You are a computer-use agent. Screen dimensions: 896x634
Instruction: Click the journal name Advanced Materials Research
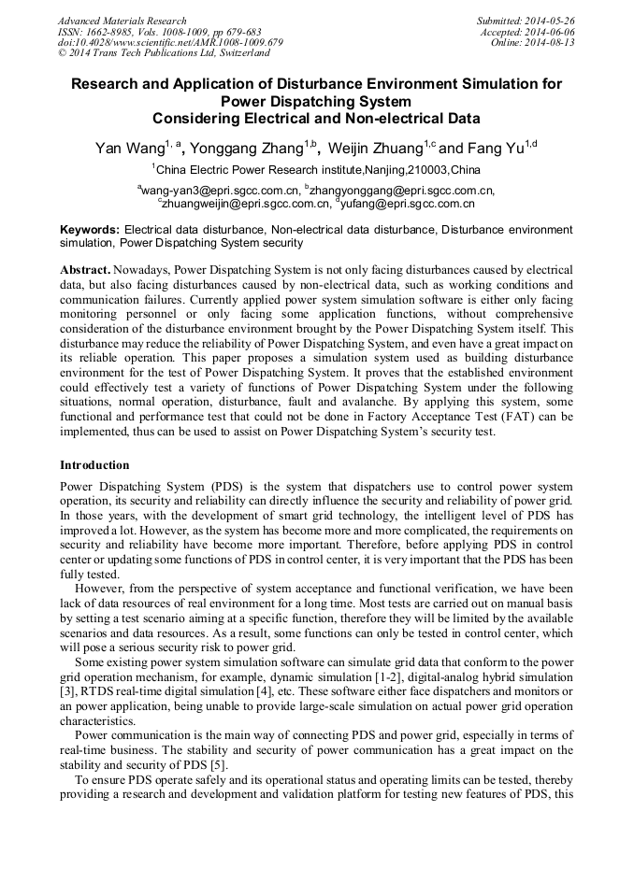122,21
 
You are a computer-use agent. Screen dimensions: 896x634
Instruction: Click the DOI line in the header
170,43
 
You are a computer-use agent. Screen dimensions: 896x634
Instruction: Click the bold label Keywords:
90,230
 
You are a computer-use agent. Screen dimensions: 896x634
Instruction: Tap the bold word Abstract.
84,269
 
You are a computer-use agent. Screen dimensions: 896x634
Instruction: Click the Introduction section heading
94,465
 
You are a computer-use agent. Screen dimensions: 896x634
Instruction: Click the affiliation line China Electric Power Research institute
317,170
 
